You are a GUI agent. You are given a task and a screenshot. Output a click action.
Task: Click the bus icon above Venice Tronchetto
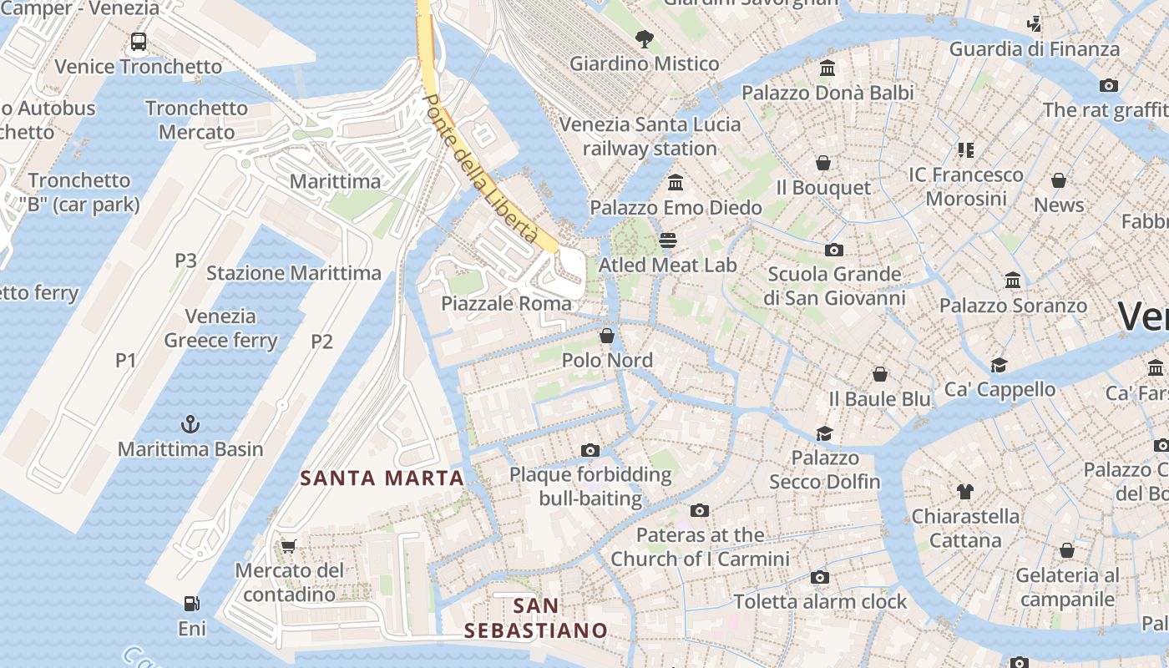point(139,42)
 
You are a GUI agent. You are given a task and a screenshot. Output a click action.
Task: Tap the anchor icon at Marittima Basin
point(190,424)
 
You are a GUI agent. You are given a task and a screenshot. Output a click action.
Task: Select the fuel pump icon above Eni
point(191,603)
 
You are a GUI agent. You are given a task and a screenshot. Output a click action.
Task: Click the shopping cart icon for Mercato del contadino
point(289,546)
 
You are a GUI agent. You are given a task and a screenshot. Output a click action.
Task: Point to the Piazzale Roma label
point(506,303)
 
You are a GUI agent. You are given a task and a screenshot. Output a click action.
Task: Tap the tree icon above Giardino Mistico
point(644,38)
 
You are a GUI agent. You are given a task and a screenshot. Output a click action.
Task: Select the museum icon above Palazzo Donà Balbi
point(827,68)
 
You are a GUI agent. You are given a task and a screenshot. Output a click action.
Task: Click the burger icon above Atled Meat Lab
point(667,240)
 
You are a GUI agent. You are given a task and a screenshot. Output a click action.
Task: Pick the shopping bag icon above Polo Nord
point(607,336)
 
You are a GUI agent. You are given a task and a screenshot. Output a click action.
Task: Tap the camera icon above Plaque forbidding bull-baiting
point(590,451)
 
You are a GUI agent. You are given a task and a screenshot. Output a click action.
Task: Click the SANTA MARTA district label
point(382,478)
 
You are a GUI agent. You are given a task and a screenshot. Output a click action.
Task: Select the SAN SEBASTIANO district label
point(535,618)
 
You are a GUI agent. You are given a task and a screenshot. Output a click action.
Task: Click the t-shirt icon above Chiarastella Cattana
point(965,492)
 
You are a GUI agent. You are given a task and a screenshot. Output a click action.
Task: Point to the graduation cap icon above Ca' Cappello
point(999,365)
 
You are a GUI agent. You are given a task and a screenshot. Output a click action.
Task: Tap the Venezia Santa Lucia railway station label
point(650,136)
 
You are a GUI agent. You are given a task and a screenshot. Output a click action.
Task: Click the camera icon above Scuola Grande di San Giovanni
point(833,250)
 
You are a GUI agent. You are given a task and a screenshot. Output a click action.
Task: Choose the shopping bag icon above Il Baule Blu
point(879,374)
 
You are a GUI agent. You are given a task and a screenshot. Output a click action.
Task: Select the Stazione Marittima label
point(293,273)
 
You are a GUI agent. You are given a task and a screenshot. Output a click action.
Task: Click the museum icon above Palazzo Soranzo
point(1013,281)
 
